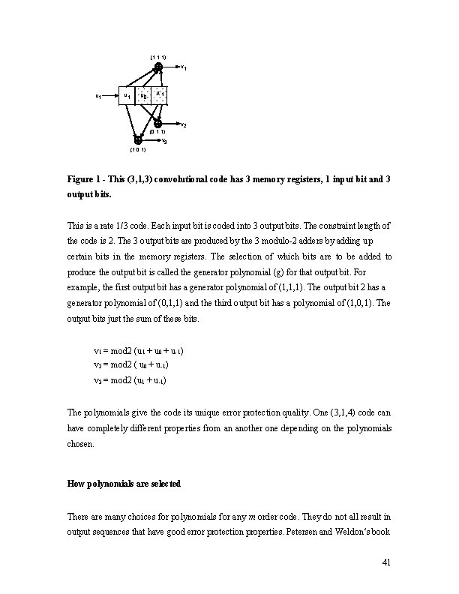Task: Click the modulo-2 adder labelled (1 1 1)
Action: coord(158,67)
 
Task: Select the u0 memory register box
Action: coord(142,96)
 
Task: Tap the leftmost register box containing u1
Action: coord(127,96)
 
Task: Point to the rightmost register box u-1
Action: coord(159,96)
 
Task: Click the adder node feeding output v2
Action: coord(158,122)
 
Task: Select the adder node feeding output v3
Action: coord(138,139)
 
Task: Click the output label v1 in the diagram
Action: coord(184,68)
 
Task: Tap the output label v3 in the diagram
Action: coord(164,141)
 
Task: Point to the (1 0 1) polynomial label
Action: coord(137,150)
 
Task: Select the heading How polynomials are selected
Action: coord(124,484)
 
